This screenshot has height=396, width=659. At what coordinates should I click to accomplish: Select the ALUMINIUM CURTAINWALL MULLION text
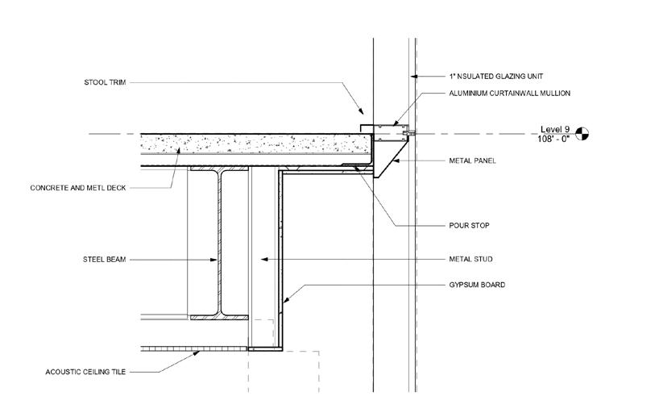coord(510,94)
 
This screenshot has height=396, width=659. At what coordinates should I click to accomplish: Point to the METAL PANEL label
coord(472,160)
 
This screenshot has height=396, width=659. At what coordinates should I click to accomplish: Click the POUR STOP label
coord(468,226)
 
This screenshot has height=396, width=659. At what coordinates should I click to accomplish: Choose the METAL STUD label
coord(470,259)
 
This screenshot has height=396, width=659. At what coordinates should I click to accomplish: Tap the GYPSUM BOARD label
coord(475,285)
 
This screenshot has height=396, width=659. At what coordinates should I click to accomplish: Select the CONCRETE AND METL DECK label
coord(78,188)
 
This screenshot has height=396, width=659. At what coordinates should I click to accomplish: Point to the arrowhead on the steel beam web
coord(216,260)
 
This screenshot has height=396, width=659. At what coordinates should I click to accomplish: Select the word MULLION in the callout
coord(555,94)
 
